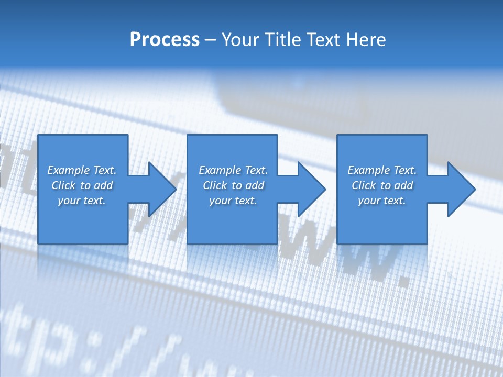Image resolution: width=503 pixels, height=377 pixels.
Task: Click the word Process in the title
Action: click(165, 40)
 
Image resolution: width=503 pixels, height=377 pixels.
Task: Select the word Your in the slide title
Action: click(241, 40)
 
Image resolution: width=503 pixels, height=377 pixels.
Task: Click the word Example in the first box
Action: click(68, 170)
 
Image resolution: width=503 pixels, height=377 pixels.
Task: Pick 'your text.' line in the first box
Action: click(82, 201)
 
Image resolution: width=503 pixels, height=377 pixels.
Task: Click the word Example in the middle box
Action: click(220, 170)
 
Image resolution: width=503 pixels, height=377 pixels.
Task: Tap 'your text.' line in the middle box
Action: click(233, 201)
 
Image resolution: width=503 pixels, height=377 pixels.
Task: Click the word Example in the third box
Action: click(368, 170)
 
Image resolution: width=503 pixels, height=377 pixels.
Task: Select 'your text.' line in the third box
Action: click(382, 201)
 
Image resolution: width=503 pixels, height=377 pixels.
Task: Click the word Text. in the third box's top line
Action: click(404, 170)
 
